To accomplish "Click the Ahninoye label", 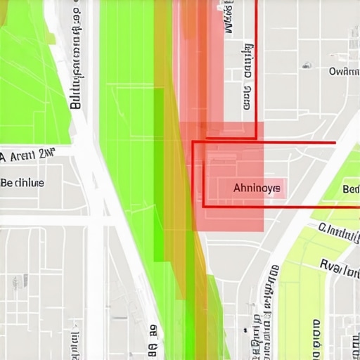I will pyautogui.click(x=257, y=188).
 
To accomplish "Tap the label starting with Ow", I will pyautogui.click(x=344, y=71).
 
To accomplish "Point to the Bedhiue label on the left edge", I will pyautogui.click(x=22, y=182).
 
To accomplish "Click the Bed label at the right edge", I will pyautogui.click(x=350, y=189).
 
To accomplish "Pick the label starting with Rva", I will pyautogui.click(x=340, y=265).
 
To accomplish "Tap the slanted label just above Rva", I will pyautogui.click(x=339, y=232).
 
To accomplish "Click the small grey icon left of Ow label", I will pyautogui.click(x=307, y=65).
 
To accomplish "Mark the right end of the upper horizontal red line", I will pyautogui.click(x=335, y=142).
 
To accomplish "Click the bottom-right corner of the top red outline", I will pyautogui.click(x=256, y=137).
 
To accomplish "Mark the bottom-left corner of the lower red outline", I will pyautogui.click(x=204, y=206).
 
